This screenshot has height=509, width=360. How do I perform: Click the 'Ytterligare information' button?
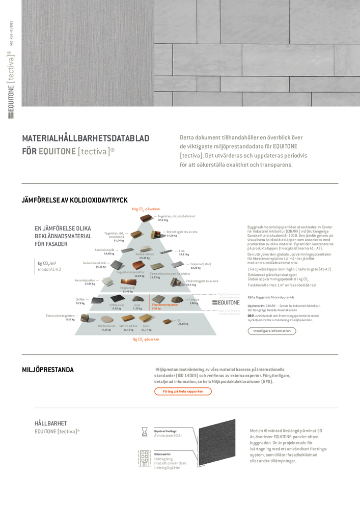272,331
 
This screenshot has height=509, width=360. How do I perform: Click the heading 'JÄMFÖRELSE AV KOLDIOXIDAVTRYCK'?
74,200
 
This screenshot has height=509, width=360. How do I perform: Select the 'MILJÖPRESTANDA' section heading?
48,370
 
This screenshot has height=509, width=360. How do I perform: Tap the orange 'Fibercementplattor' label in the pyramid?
165,305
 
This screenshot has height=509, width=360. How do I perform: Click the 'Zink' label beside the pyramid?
181,250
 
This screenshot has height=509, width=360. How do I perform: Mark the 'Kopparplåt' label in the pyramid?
128,288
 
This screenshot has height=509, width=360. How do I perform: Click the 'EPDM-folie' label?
117,305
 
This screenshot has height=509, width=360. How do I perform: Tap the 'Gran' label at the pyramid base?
146,326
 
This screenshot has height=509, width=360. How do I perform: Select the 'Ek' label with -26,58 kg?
179,320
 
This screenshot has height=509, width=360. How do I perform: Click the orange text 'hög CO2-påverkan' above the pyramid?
146,209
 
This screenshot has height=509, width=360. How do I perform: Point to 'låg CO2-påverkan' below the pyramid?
146,339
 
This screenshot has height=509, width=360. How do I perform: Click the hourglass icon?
145,432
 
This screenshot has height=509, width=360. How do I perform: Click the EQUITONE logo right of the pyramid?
226,302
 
